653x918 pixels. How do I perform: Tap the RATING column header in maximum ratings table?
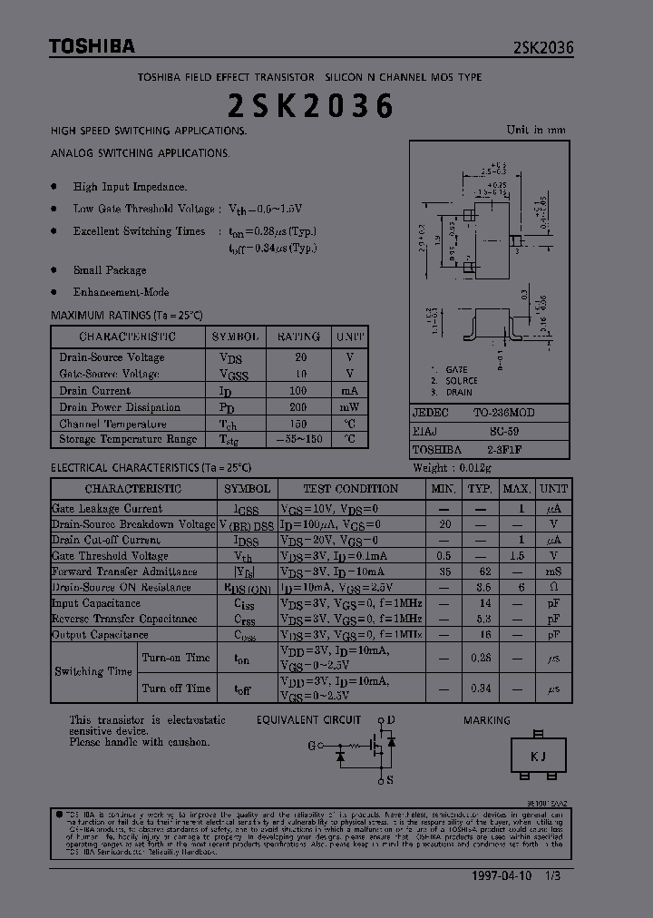(x=298, y=337)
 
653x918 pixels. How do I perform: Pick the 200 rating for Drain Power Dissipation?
(x=298, y=407)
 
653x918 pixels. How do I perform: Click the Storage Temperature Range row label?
(x=127, y=439)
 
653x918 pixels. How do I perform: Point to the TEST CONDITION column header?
(x=350, y=489)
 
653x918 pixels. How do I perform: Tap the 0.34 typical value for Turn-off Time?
(x=481, y=688)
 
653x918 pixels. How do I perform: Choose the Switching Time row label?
(x=93, y=672)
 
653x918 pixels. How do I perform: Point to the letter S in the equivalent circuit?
(x=390, y=779)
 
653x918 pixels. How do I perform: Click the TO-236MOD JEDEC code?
(x=503, y=413)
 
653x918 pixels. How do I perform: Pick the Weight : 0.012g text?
(x=452, y=468)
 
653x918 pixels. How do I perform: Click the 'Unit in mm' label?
(x=535, y=130)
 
